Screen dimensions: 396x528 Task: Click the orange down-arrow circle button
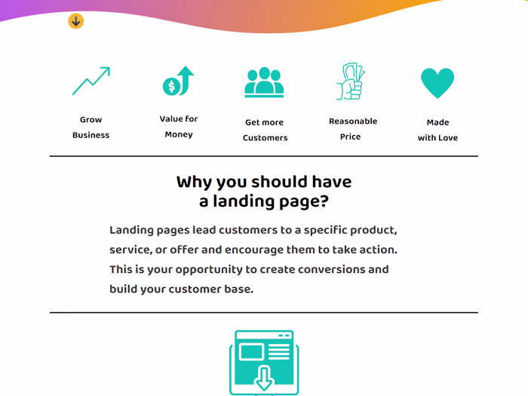coord(75,21)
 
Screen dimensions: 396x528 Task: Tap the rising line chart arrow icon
coord(91,81)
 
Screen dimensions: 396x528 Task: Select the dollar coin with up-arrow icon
coord(178,81)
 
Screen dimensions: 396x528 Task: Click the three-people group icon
coord(264,82)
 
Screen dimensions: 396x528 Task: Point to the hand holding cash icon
coord(350,81)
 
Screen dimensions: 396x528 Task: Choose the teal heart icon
coord(437,83)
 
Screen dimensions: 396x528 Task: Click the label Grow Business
coord(91,127)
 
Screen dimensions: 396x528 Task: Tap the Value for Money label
coord(179,127)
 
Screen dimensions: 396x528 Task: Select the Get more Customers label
coord(265,130)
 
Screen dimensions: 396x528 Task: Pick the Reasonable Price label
coord(352,129)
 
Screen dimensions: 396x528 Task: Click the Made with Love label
coord(437,130)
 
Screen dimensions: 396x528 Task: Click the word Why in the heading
coord(192,182)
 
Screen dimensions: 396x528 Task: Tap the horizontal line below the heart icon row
coord(264,156)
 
